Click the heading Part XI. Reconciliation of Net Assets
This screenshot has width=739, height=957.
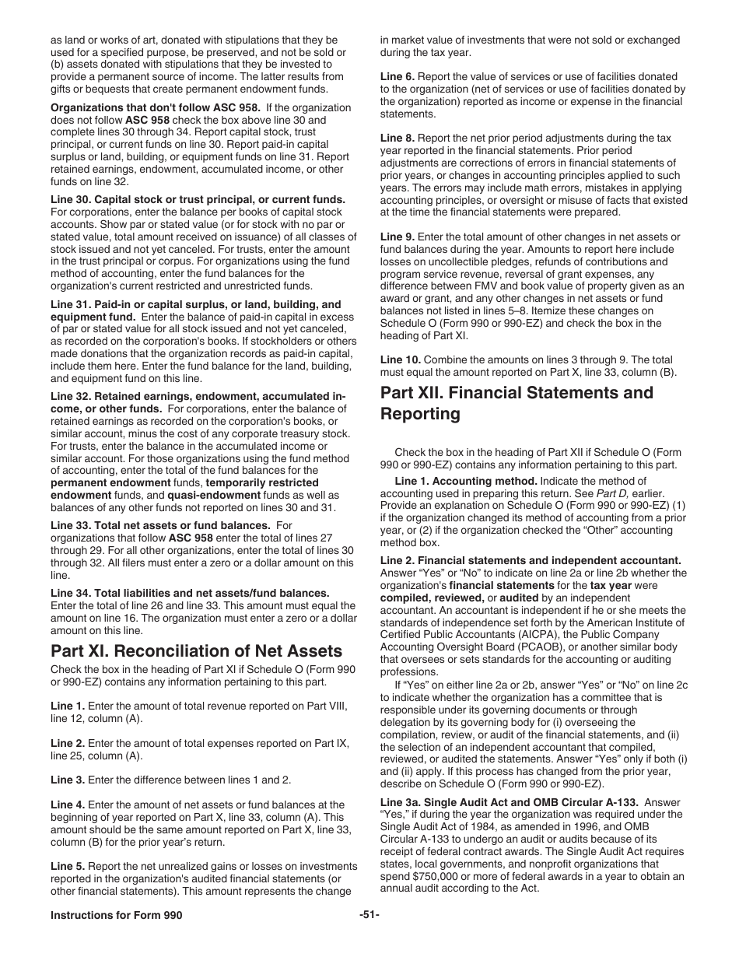coord(196,650)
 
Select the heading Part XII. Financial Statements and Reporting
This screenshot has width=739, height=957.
coord(517,403)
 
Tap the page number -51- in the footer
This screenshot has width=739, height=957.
coord(369,916)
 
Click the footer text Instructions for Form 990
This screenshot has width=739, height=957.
coord(117,916)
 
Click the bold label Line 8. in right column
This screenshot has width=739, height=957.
coord(398,138)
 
